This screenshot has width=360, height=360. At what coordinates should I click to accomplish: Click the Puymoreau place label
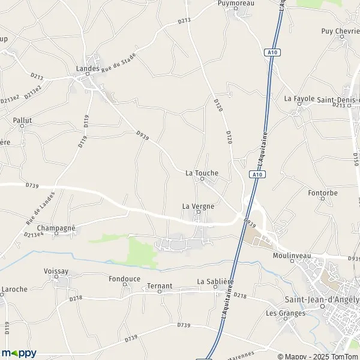pyautogui.click(x=236, y=4)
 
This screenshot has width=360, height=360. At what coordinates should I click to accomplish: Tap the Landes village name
pyautogui.click(x=88, y=68)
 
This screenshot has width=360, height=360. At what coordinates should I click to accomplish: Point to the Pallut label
pyautogui.click(x=22, y=120)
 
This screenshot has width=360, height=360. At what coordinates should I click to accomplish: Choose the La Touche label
pyautogui.click(x=202, y=173)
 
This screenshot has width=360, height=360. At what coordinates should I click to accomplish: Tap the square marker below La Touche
pyautogui.click(x=202, y=179)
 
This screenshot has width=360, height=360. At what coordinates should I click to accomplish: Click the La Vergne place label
pyautogui.click(x=198, y=206)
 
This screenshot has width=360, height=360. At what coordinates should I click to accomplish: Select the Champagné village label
pyautogui.click(x=56, y=228)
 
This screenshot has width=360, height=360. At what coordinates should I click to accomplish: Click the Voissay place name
pyautogui.click(x=58, y=271)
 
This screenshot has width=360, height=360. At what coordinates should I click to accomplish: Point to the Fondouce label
pyautogui.click(x=125, y=278)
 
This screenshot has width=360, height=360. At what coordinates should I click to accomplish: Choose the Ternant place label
pyautogui.click(x=160, y=286)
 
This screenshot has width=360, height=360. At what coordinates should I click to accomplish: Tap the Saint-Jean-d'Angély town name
pyautogui.click(x=321, y=300)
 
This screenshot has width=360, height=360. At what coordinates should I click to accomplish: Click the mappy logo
pyautogui.click(x=19, y=353)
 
